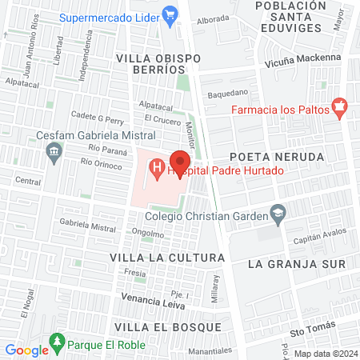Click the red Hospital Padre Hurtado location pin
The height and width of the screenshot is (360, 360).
tap(181, 160)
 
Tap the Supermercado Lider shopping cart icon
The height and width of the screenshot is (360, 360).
tap(170, 14)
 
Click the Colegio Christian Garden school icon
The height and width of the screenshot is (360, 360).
tap(278, 213)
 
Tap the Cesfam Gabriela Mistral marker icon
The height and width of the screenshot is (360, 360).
tap(54, 150)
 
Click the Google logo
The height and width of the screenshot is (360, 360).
tap(26, 350)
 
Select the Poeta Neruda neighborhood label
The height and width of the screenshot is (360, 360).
tap(287, 156)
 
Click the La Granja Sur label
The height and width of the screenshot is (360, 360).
tap(296, 263)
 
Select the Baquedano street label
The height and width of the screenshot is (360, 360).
tap(228, 93)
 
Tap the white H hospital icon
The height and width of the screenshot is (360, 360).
tap(158, 169)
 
